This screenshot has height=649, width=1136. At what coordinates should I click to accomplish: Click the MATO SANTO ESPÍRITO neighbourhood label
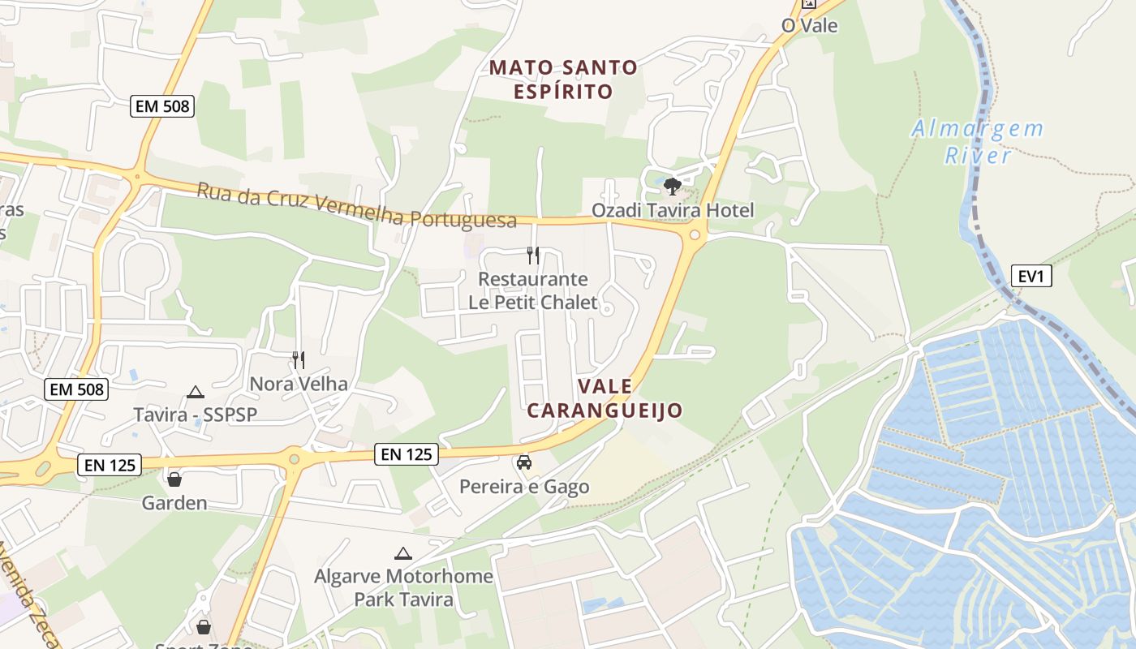[563, 79]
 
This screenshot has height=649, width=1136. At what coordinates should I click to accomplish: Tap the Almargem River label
[977, 141]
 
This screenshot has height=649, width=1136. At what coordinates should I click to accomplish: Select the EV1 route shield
[1031, 276]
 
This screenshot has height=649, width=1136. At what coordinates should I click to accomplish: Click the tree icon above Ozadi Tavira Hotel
[672, 187]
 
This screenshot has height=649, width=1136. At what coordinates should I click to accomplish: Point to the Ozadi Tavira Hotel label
[673, 211]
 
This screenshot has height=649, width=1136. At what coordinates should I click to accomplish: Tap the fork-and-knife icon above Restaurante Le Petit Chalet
[533, 256]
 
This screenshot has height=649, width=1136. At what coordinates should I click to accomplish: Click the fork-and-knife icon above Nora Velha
[299, 359]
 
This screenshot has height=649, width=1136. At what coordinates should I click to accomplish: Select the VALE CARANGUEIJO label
[605, 398]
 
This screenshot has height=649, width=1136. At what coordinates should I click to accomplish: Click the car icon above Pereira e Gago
[524, 462]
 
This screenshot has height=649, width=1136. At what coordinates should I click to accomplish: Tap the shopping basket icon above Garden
[174, 479]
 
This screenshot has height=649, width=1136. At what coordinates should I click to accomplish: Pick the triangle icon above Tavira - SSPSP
[195, 393]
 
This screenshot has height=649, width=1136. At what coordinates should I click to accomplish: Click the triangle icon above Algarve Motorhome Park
[403, 554]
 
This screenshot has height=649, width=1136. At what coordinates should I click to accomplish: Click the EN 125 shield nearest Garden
[111, 465]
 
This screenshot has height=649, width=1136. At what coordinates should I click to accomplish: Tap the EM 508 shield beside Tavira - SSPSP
[77, 389]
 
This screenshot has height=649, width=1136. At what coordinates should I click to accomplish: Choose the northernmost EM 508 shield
[162, 105]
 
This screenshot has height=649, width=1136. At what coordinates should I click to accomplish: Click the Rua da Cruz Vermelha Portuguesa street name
[356, 205]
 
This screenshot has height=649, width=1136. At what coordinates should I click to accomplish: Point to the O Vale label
[809, 25]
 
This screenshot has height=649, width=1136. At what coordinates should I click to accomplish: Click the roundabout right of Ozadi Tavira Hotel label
[695, 235]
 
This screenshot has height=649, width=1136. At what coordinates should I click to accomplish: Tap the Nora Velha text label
[299, 384]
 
